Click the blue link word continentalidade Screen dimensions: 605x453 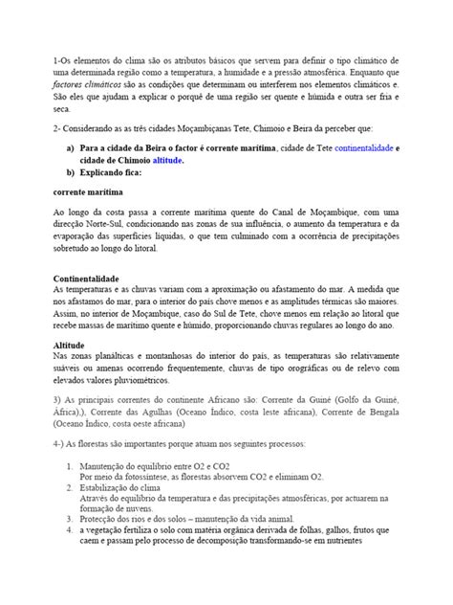click(x=357, y=148)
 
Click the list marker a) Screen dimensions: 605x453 click(x=70, y=148)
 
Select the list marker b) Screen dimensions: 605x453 click(x=70, y=173)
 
